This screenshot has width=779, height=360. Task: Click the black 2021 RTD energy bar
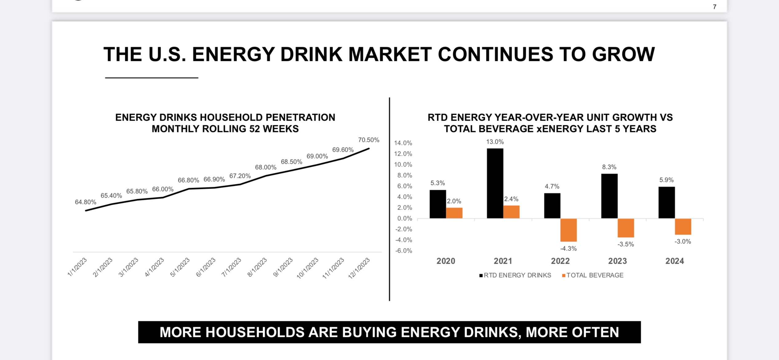(495, 183)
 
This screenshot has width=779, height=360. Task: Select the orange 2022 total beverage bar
(568, 230)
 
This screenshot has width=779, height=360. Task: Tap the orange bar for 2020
(454, 213)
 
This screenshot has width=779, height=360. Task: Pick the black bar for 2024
(666, 202)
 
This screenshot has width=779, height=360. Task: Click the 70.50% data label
(369, 140)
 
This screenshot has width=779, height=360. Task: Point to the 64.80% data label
(86, 202)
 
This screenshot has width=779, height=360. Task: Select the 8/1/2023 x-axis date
(257, 268)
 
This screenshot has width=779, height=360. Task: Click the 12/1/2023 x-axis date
(359, 268)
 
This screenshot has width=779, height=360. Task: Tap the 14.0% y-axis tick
(403, 143)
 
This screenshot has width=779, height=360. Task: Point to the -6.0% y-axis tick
(403, 251)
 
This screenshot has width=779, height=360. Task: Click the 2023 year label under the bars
(617, 261)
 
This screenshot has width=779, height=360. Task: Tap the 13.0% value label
(495, 142)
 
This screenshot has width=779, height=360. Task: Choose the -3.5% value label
(625, 244)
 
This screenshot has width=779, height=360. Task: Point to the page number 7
(714, 7)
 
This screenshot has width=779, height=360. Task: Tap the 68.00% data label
(266, 167)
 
